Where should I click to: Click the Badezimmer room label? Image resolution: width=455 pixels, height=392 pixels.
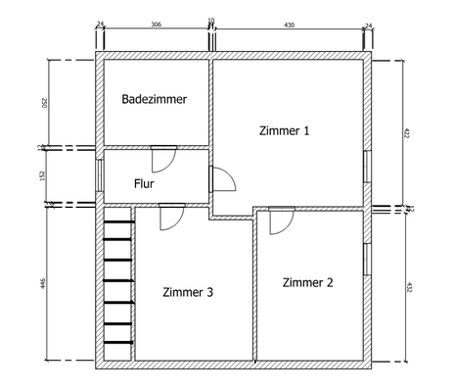point(155,99)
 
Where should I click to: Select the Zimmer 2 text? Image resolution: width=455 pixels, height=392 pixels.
point(307,282)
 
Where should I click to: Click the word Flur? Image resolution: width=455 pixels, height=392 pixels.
point(144,182)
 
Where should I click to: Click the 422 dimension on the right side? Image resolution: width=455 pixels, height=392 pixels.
point(408,132)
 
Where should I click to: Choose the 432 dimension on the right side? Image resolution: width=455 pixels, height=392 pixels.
point(408,287)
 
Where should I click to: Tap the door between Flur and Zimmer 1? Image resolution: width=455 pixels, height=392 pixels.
point(222,178)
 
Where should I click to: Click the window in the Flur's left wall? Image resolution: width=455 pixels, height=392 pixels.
point(101,175)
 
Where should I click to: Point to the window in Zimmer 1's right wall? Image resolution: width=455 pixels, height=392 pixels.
point(366,167)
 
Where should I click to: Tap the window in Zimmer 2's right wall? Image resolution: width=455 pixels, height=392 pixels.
point(366,260)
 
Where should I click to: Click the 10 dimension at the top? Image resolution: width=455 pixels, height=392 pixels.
point(211,21)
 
